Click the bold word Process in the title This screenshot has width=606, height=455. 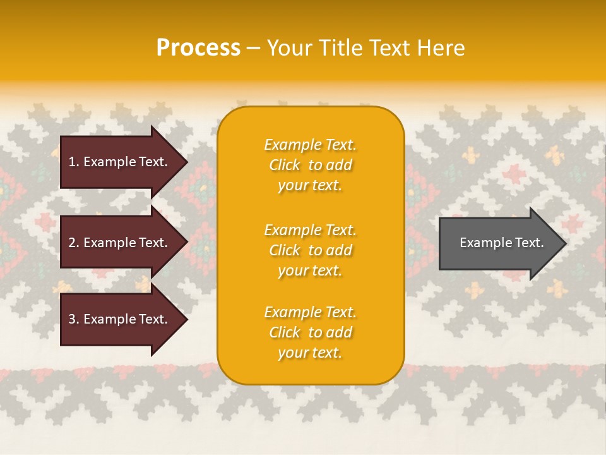tap(198, 48)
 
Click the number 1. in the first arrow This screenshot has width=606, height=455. tap(74, 162)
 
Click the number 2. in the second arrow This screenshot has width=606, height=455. tap(74, 243)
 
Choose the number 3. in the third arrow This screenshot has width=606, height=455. tap(74, 319)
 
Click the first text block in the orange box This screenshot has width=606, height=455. tap(310, 165)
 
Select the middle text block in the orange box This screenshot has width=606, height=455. tap(310, 250)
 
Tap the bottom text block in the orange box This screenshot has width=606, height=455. tap(310, 332)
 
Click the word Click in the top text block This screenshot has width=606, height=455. tap(285, 165)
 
